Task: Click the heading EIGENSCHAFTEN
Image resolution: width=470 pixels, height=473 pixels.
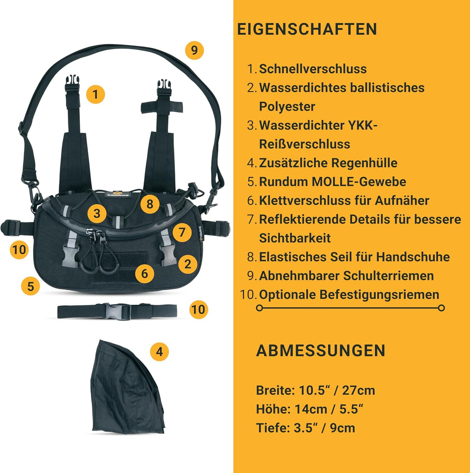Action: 307,29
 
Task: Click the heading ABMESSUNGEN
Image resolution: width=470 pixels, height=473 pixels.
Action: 321,351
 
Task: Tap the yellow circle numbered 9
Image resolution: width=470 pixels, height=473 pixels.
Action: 194,50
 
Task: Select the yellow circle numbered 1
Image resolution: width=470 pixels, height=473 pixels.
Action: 96,94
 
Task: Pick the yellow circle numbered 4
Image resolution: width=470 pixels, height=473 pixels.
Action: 159,352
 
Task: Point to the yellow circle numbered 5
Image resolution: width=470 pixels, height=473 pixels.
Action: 30,286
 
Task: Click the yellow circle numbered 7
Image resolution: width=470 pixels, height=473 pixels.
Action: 182,232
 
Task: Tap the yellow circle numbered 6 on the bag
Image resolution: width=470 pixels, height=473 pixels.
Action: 144,273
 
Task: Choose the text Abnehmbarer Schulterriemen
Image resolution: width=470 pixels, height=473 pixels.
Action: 346,275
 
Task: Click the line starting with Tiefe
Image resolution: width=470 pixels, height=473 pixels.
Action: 305,428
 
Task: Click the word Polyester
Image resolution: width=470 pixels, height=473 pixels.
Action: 287,107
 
